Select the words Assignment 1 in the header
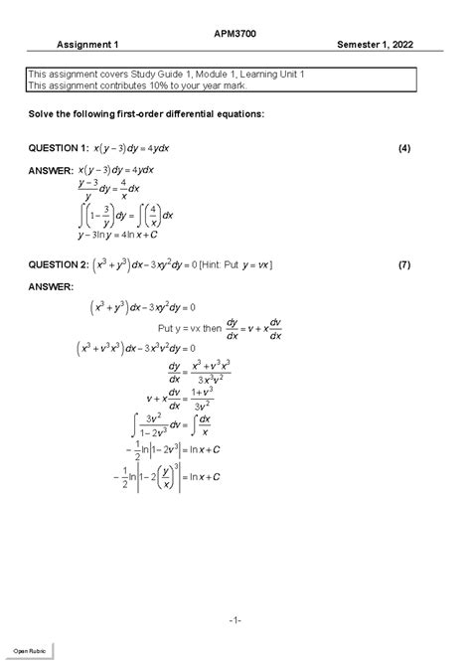[87, 46]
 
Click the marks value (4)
[403, 148]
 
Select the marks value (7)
[403, 266]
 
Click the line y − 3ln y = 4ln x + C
[125, 236]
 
